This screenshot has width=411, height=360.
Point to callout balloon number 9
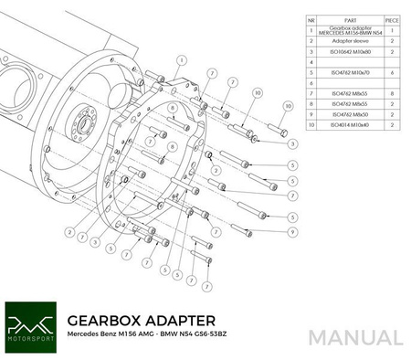tap(292, 230)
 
